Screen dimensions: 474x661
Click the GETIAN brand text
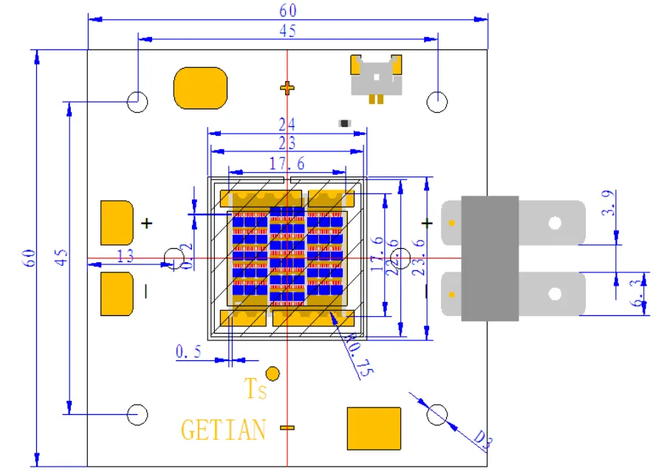click(223, 429)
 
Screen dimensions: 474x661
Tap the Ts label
click(256, 389)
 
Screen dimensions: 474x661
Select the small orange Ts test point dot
click(273, 374)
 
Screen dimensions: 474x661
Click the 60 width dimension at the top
click(287, 10)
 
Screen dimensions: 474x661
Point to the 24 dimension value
click(287, 123)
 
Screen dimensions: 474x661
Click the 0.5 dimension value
click(188, 351)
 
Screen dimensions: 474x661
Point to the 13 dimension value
click(126, 255)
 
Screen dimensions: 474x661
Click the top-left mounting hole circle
click(138, 102)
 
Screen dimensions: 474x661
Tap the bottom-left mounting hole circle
click(138, 414)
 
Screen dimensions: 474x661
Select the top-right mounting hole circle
click(438, 102)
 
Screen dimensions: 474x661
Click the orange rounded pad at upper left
click(200, 88)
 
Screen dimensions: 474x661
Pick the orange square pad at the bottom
click(374, 428)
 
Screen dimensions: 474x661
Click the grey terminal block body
click(490, 258)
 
